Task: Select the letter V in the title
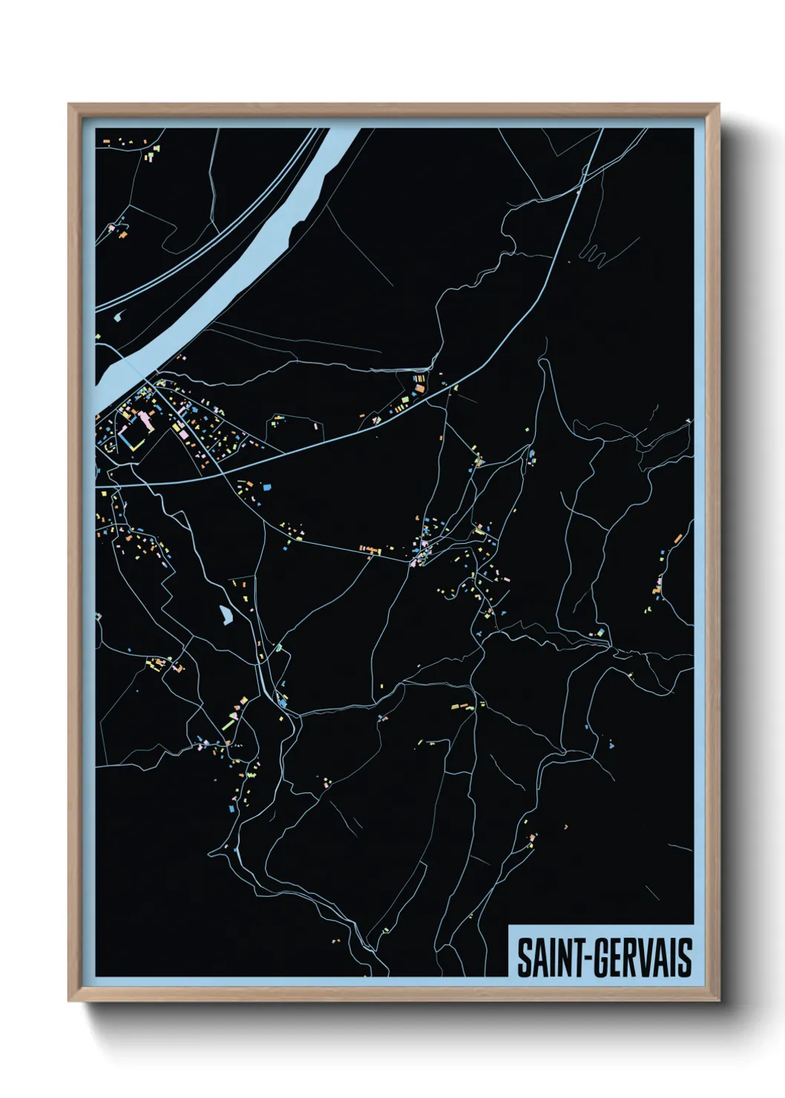coord(651,958)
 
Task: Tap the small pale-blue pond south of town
coord(225,614)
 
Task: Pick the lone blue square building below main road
coord(267,487)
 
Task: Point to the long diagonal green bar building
coord(229,720)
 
